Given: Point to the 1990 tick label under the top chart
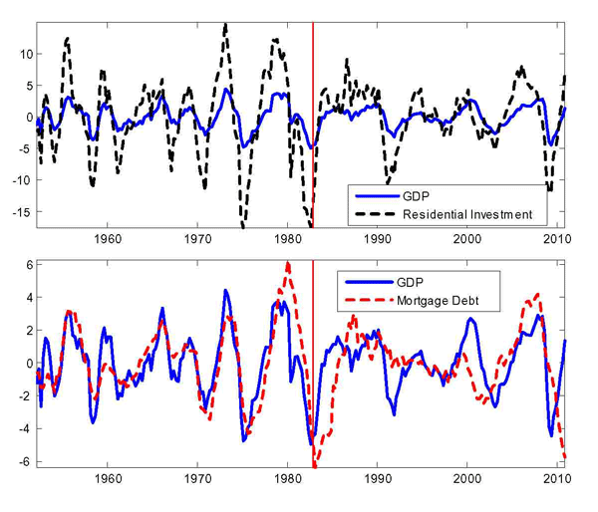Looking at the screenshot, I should [379, 239].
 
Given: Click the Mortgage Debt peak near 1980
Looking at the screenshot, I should [288, 263].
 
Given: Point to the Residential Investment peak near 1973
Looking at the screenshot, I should [225, 25].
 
